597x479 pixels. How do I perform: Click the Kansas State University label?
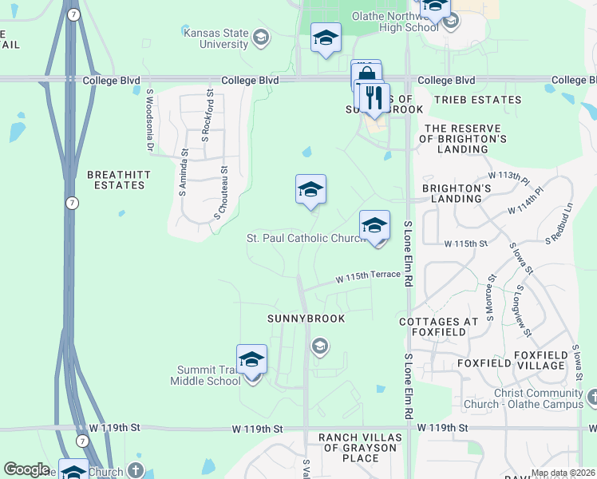tap(215, 39)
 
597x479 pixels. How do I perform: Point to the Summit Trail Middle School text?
tap(205, 375)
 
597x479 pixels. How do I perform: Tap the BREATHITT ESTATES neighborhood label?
tap(116, 179)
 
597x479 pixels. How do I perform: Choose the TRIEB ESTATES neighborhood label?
tap(477, 100)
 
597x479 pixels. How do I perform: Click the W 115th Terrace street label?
tap(367, 276)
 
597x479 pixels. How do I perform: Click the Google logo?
tap(26, 469)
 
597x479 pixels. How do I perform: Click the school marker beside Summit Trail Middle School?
tap(251, 360)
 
